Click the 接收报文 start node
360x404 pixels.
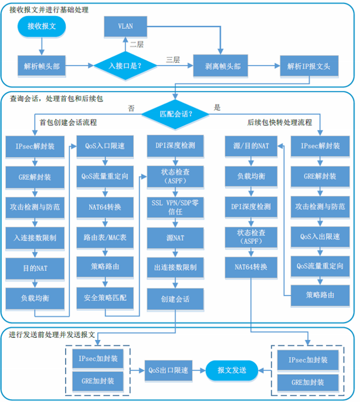click(x=40, y=26)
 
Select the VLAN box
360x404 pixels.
click(x=125, y=26)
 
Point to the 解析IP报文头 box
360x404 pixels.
click(x=309, y=66)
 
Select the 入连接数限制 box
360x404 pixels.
click(x=35, y=237)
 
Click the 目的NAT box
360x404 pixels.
click(x=35, y=268)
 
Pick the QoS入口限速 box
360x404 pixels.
click(x=106, y=146)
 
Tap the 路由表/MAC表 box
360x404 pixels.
click(x=106, y=237)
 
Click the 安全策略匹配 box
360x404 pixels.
click(x=106, y=298)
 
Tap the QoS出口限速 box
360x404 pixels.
click(x=168, y=371)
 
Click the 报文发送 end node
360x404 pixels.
click(x=232, y=371)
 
